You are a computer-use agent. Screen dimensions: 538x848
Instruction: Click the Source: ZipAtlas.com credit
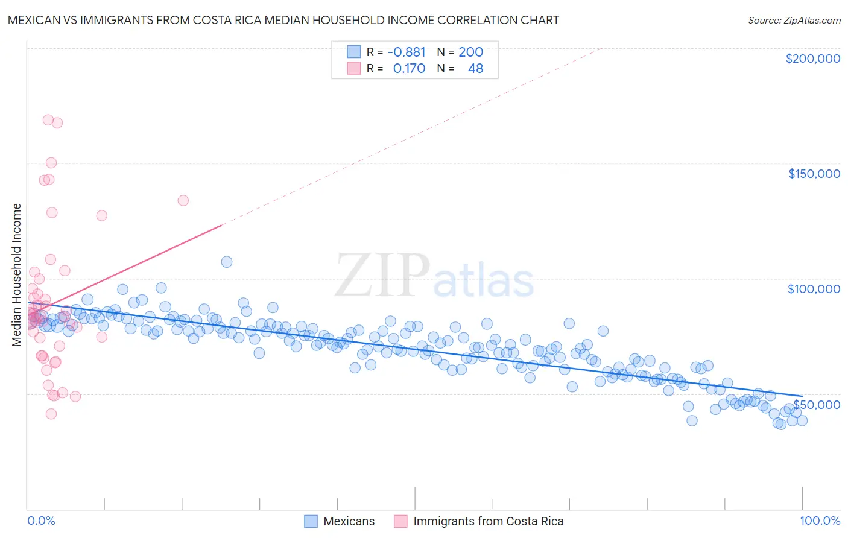pyautogui.click(x=794, y=20)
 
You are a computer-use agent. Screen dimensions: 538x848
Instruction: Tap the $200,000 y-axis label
pyautogui.click(x=812, y=59)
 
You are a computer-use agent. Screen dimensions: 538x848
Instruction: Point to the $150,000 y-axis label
pyautogui.click(x=814, y=174)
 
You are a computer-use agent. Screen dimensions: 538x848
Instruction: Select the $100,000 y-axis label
pyautogui.click(x=814, y=289)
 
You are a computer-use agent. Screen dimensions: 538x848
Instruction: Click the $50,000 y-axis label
pyautogui.click(x=816, y=404)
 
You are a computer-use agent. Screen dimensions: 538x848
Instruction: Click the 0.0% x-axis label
pyautogui.click(x=41, y=521)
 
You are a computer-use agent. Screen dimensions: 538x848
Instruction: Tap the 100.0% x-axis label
pyautogui.click(x=820, y=521)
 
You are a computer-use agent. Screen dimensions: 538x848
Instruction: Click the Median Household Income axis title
pyautogui.click(x=17, y=275)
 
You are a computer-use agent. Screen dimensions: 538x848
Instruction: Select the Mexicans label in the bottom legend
pyautogui.click(x=349, y=521)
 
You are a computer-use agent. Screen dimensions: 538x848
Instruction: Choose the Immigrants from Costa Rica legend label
pyautogui.click(x=488, y=521)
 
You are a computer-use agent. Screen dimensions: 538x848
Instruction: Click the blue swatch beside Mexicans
pyautogui.click(x=311, y=521)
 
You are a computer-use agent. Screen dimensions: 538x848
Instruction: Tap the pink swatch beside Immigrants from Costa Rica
pyautogui.click(x=400, y=521)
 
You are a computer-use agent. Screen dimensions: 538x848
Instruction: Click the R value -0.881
pyautogui.click(x=407, y=52)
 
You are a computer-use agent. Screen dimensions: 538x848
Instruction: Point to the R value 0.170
pyautogui.click(x=409, y=69)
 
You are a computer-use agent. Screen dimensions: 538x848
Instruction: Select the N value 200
pyautogui.click(x=470, y=52)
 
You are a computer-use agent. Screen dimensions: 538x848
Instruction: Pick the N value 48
pyautogui.click(x=475, y=69)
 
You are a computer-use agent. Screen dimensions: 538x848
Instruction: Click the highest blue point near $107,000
pyautogui.click(x=227, y=262)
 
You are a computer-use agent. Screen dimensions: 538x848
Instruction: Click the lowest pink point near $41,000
pyautogui.click(x=51, y=414)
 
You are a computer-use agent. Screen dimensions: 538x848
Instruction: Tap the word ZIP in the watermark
pyautogui.click(x=382, y=276)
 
